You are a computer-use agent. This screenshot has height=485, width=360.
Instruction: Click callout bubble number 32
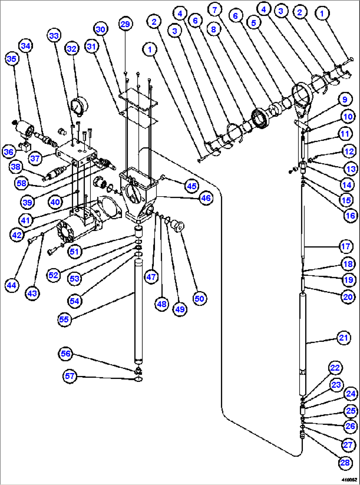click(72, 49)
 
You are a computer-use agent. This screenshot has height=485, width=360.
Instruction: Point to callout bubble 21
click(343, 338)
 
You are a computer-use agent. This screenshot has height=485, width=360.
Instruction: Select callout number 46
click(206, 198)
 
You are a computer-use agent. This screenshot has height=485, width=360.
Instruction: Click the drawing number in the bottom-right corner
click(349, 479)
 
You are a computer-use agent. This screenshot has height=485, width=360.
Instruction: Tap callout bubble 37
click(35, 158)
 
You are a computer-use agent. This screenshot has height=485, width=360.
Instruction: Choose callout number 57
click(70, 376)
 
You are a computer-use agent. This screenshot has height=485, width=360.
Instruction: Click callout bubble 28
click(345, 463)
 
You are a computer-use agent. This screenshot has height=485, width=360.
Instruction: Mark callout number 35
click(12, 59)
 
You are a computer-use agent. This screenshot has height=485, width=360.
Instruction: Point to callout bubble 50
click(199, 299)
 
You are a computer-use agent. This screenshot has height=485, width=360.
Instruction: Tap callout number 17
click(345, 246)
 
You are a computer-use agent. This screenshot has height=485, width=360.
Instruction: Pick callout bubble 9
click(345, 99)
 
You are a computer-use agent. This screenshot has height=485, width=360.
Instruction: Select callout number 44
click(12, 285)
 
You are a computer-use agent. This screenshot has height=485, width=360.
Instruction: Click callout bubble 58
click(21, 183)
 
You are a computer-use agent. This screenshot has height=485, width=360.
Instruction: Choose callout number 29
click(125, 24)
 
